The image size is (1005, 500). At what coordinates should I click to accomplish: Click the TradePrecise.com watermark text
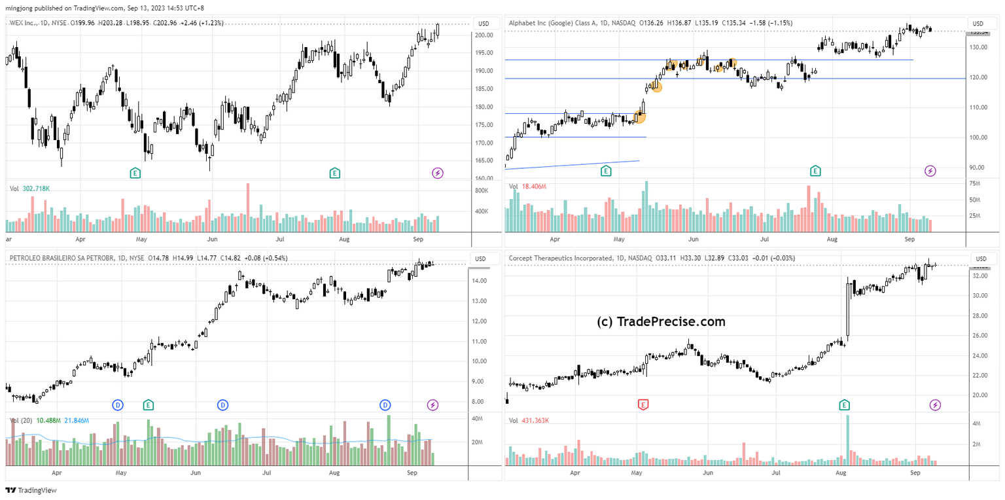tap(661, 322)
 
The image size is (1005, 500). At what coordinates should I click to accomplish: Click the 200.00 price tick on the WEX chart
tap(484, 35)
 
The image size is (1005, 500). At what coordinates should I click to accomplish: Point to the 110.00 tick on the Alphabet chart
tap(978, 107)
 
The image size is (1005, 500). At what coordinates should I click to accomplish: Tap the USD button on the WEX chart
tap(484, 24)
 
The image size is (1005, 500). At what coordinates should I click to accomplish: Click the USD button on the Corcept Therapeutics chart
tap(981, 259)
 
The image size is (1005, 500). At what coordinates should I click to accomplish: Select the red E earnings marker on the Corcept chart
tap(643, 405)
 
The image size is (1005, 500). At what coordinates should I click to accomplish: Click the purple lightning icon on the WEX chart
tap(438, 173)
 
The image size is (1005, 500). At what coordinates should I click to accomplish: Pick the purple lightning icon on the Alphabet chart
tap(930, 171)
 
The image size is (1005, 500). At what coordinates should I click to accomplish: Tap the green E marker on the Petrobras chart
tap(149, 405)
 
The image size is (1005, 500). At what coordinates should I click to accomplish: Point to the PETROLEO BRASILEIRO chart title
tap(60, 259)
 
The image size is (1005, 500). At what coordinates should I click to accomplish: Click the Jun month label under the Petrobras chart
tap(195, 472)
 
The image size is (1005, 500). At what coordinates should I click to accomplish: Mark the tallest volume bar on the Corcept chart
tap(848, 439)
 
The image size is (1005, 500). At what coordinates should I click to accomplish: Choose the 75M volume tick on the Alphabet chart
tap(975, 184)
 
